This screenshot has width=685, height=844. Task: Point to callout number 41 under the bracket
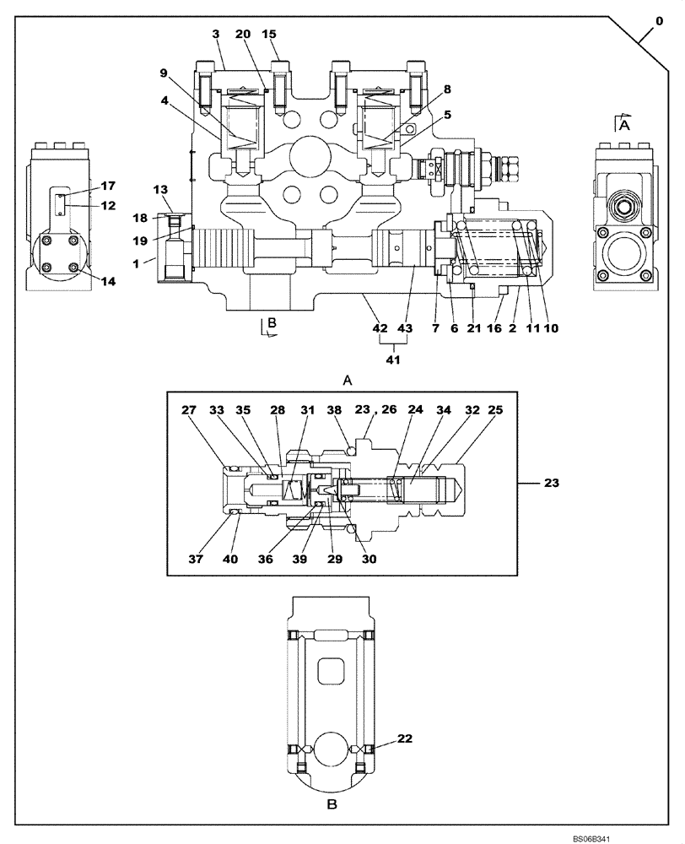click(393, 360)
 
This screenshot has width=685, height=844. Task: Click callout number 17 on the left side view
click(108, 185)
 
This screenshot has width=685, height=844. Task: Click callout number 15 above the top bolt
click(269, 34)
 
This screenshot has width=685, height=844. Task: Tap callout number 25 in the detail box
click(495, 410)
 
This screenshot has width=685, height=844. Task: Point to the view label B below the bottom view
click(332, 805)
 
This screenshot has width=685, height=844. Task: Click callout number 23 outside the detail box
click(550, 484)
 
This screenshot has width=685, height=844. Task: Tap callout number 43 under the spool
click(405, 328)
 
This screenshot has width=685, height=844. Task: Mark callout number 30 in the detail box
click(369, 558)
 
